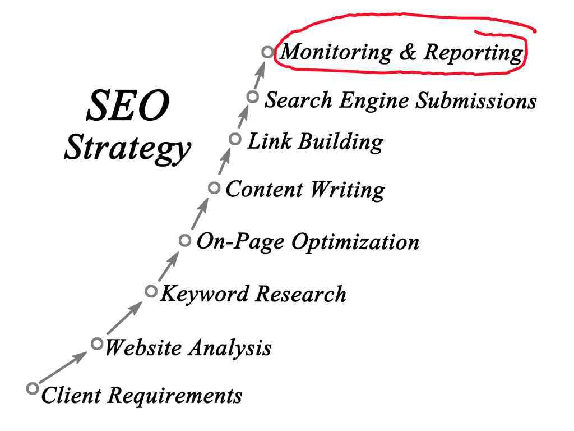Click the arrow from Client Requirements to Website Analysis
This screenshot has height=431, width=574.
pos(63,368)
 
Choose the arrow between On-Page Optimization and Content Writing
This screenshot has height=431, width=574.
pos(200,214)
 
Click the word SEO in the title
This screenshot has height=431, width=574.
pos(128,106)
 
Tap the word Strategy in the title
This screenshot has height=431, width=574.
pos(127,148)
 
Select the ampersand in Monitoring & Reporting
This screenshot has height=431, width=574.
pos(408,52)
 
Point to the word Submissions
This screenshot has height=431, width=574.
pos(476,100)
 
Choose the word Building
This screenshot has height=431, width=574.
pos(340,142)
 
